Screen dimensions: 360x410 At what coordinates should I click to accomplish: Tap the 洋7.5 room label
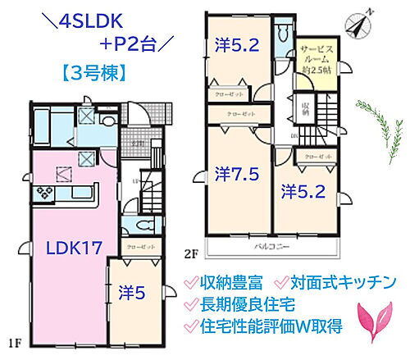(x=235, y=174)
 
